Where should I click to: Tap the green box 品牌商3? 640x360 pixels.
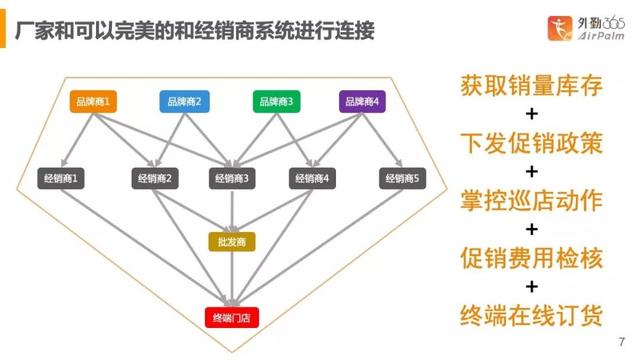coord(276,101)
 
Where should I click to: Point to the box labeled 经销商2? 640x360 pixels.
coord(155,178)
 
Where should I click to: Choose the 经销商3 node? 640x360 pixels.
coord(232,178)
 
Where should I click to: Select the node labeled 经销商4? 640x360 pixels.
coord(313,178)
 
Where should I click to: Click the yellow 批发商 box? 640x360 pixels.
coord(232,241)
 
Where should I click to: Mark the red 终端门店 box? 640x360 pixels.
coord(232,318)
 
